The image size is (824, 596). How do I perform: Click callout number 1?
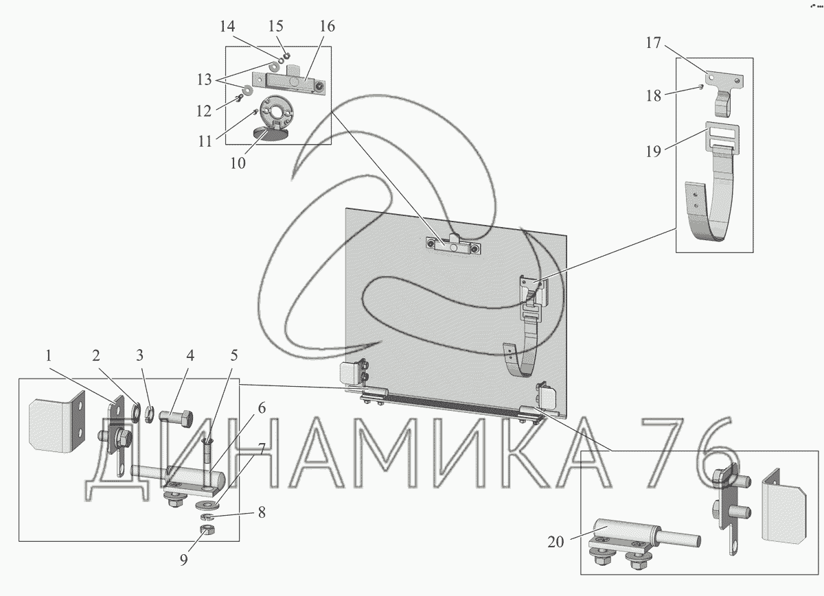49,356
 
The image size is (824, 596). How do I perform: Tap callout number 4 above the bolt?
190,356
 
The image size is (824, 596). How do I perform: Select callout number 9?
183,560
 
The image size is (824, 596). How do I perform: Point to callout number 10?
238,163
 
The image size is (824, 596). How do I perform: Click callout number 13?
205,80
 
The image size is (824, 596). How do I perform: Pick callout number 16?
327,27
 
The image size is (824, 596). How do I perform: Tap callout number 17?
653,43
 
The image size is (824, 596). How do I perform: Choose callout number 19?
653,152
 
